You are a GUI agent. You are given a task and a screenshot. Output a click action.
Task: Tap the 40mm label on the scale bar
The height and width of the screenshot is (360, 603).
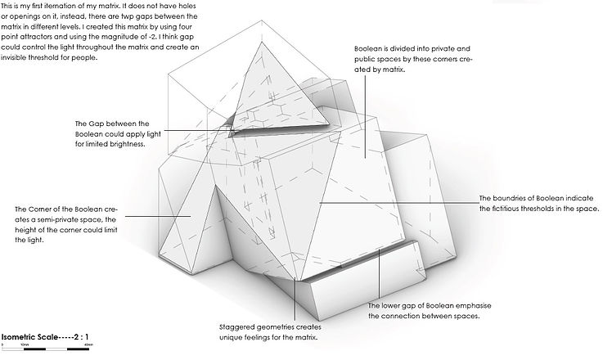tap(88, 345)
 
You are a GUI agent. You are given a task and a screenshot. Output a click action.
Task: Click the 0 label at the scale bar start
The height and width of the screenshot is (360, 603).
tap(3, 345)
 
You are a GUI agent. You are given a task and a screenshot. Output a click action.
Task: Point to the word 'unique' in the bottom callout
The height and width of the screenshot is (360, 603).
tap(231, 337)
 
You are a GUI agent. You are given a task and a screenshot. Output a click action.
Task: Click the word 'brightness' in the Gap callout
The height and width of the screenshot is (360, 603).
tap(126, 144)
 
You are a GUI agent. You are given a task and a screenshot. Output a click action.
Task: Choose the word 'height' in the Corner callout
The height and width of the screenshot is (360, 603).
tap(16, 231)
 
